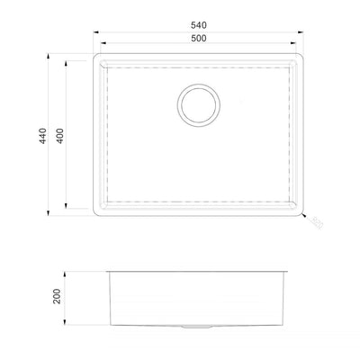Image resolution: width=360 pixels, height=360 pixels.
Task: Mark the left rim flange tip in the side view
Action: (106, 270)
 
